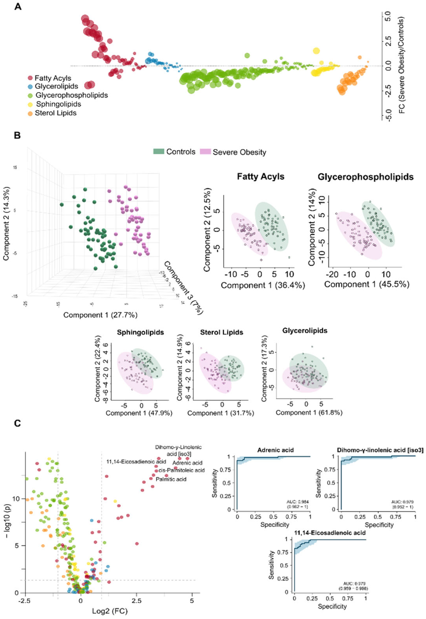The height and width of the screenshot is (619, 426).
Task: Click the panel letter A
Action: click(x=18, y=6)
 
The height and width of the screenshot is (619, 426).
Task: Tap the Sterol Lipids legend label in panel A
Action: click(x=56, y=113)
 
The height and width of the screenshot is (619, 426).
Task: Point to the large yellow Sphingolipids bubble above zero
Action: click(x=316, y=51)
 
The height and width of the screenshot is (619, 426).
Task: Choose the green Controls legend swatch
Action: click(x=159, y=152)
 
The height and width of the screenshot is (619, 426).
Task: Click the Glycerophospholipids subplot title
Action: click(x=365, y=177)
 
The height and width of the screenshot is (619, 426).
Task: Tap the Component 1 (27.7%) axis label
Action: click(x=100, y=315)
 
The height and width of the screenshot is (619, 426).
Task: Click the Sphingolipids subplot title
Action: click(x=140, y=332)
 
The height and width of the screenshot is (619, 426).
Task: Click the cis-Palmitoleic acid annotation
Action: click(x=182, y=470)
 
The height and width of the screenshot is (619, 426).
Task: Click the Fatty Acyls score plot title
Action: click(x=260, y=177)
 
